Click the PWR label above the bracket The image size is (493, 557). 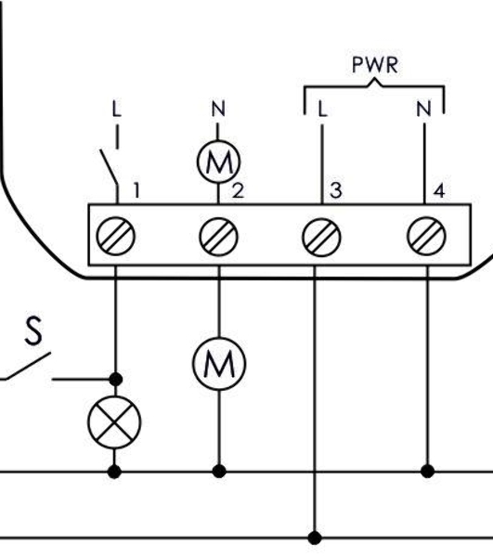click(375, 65)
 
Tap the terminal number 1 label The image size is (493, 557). click(136, 190)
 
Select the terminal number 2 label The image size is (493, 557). click(238, 190)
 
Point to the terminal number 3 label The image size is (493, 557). click(336, 190)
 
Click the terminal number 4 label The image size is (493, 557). click(439, 191)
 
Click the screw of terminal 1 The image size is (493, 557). click(116, 236)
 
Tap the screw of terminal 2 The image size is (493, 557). click(218, 237)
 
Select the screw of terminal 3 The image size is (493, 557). click(321, 237)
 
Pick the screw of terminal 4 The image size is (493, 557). click(426, 236)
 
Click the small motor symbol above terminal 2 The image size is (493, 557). click(219, 162)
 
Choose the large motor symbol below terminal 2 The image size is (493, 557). click(219, 364)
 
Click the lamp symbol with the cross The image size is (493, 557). click(114, 422)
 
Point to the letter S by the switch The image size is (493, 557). click(33, 331)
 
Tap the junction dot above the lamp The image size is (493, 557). click(115, 380)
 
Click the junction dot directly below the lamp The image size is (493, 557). click(114, 472)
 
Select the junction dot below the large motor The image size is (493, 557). click(219, 472)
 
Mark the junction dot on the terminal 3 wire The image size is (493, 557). click(315, 538)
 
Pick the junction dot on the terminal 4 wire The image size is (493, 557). click(427, 472)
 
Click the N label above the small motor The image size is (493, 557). click(218, 109)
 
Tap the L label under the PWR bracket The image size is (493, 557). click(322, 109)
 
